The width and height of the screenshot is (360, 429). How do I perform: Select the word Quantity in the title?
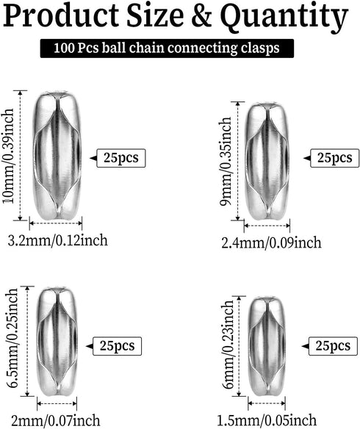point(284,18)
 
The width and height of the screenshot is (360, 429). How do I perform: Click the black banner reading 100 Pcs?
point(167,48)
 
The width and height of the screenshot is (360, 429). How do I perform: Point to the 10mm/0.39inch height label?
point(8,156)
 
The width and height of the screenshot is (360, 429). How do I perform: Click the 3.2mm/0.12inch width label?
point(57,240)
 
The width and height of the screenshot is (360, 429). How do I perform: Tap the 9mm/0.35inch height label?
point(226,161)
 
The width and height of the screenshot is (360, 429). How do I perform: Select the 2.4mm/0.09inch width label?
point(271,242)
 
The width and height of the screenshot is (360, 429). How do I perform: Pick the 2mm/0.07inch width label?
point(56,421)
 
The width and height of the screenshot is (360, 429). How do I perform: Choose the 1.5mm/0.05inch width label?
point(267,420)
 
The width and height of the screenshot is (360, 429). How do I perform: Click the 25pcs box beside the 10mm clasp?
point(121,158)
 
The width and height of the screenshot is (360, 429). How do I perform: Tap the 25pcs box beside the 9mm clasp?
point(334,158)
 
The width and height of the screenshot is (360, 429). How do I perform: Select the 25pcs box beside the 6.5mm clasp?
point(118,346)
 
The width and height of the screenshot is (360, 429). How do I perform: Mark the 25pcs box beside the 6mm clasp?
point(333,346)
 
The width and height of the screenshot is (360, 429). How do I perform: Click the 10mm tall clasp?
point(57,156)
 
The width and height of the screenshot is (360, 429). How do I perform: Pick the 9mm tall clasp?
point(267,161)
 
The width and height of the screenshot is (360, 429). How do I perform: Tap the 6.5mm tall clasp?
point(57,341)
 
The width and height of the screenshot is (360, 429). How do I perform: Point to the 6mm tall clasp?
point(267,346)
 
